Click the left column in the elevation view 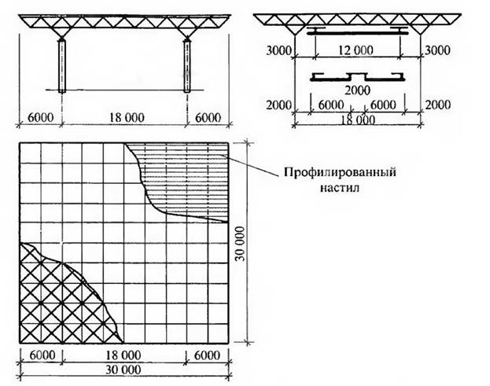(62, 66)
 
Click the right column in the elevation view (187, 66)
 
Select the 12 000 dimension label (356, 50)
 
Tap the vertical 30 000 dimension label (241, 244)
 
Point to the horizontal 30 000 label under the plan (123, 369)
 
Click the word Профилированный (340, 172)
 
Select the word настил (340, 188)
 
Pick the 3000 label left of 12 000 (278, 50)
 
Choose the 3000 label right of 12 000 (437, 50)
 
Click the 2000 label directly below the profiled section (358, 90)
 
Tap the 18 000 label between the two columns (127, 118)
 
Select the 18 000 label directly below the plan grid (123, 355)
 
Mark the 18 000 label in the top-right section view (358, 120)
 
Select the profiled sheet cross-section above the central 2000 (357, 77)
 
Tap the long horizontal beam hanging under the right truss (357, 31)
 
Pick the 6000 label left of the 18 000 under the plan (42, 355)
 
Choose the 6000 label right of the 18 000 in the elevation (208, 118)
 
